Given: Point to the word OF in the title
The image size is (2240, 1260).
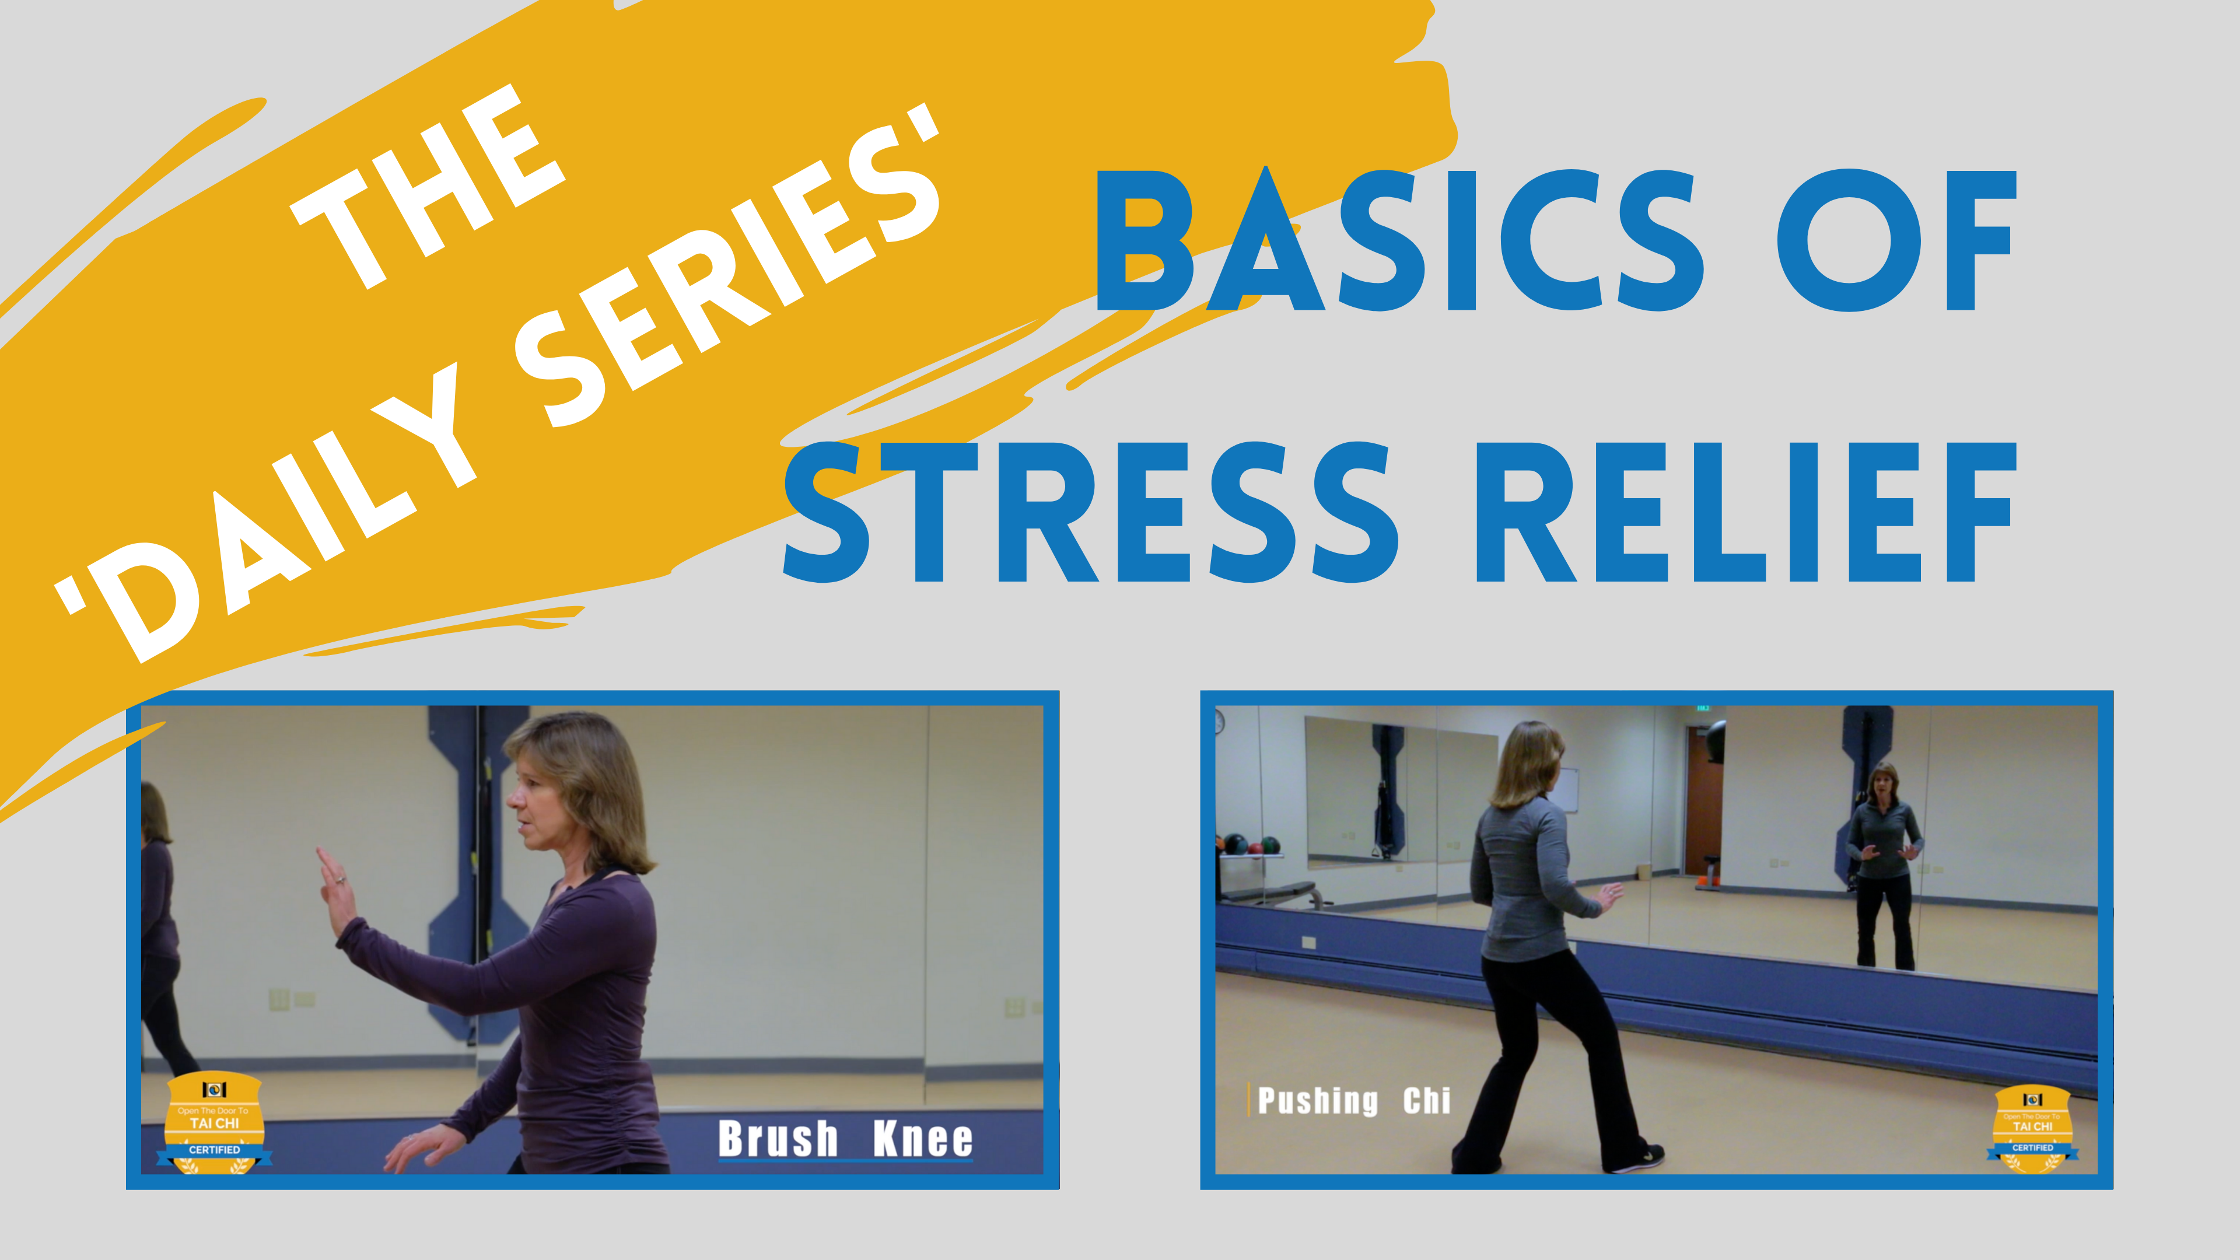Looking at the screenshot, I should pyautogui.click(x=1896, y=241).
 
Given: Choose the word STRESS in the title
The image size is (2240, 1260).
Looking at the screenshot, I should pyautogui.click(x=1091, y=513).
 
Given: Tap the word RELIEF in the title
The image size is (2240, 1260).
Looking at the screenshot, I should pyautogui.click(x=1744, y=513).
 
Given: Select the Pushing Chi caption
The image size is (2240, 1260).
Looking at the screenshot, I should pyautogui.click(x=1354, y=1101).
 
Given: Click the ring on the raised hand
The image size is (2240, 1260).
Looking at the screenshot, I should pyautogui.click(x=341, y=880).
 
